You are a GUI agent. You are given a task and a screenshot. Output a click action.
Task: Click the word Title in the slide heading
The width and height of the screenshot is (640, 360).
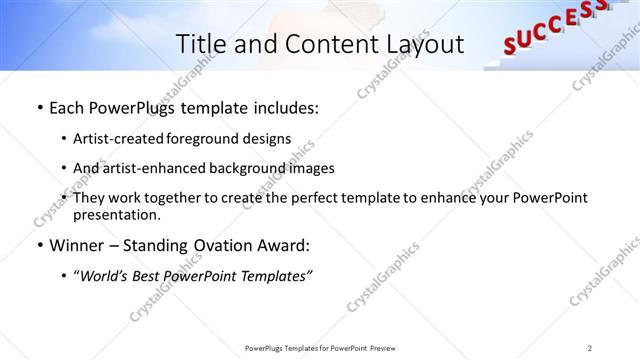200,44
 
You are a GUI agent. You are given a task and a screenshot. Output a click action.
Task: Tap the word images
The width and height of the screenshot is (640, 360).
312,168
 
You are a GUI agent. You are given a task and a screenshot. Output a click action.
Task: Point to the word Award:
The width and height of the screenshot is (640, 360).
283,245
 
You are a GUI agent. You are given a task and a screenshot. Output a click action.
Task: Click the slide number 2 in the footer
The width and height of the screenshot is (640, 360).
589,348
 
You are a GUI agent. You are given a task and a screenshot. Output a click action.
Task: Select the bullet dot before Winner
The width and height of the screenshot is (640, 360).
39,245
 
